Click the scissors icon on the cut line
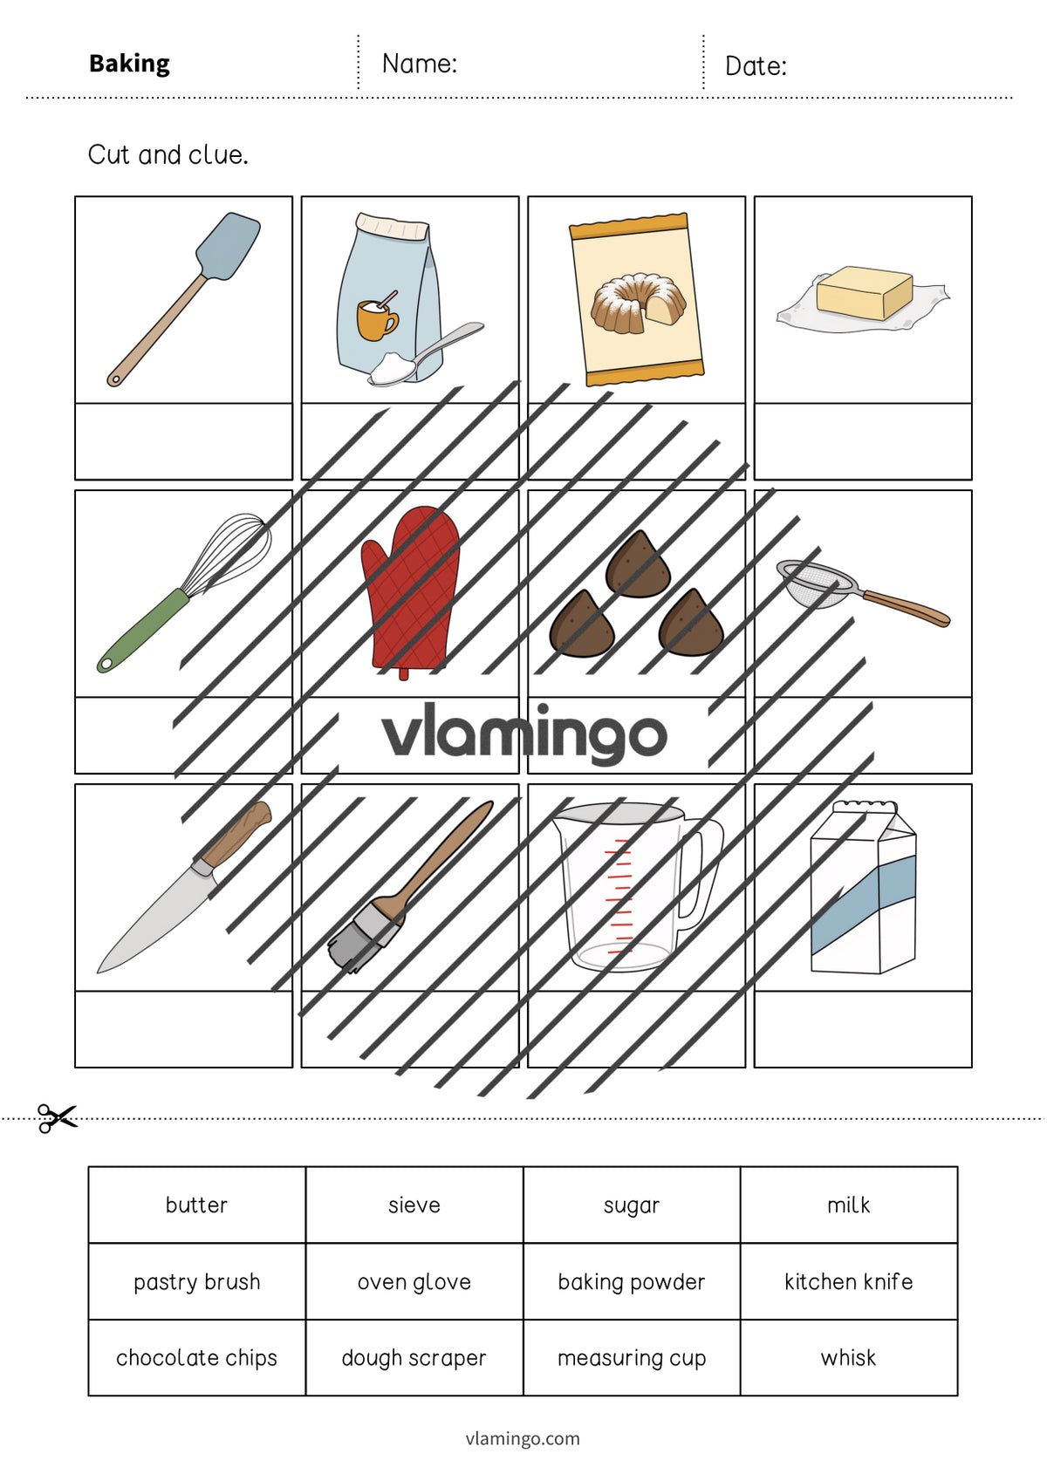click(57, 1118)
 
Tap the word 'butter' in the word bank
click(196, 1205)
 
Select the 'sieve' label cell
click(414, 1205)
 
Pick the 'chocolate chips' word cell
click(196, 1357)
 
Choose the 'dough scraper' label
click(414, 1358)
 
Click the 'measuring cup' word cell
click(632, 1357)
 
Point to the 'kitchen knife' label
click(849, 1281)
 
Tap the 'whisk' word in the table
click(849, 1357)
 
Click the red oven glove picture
click(410, 591)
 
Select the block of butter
click(865, 294)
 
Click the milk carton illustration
click(863, 887)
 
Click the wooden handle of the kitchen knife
click(236, 835)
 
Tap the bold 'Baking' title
click(130, 64)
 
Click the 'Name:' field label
click(420, 64)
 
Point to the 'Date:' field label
click(756, 66)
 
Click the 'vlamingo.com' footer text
click(523, 1438)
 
